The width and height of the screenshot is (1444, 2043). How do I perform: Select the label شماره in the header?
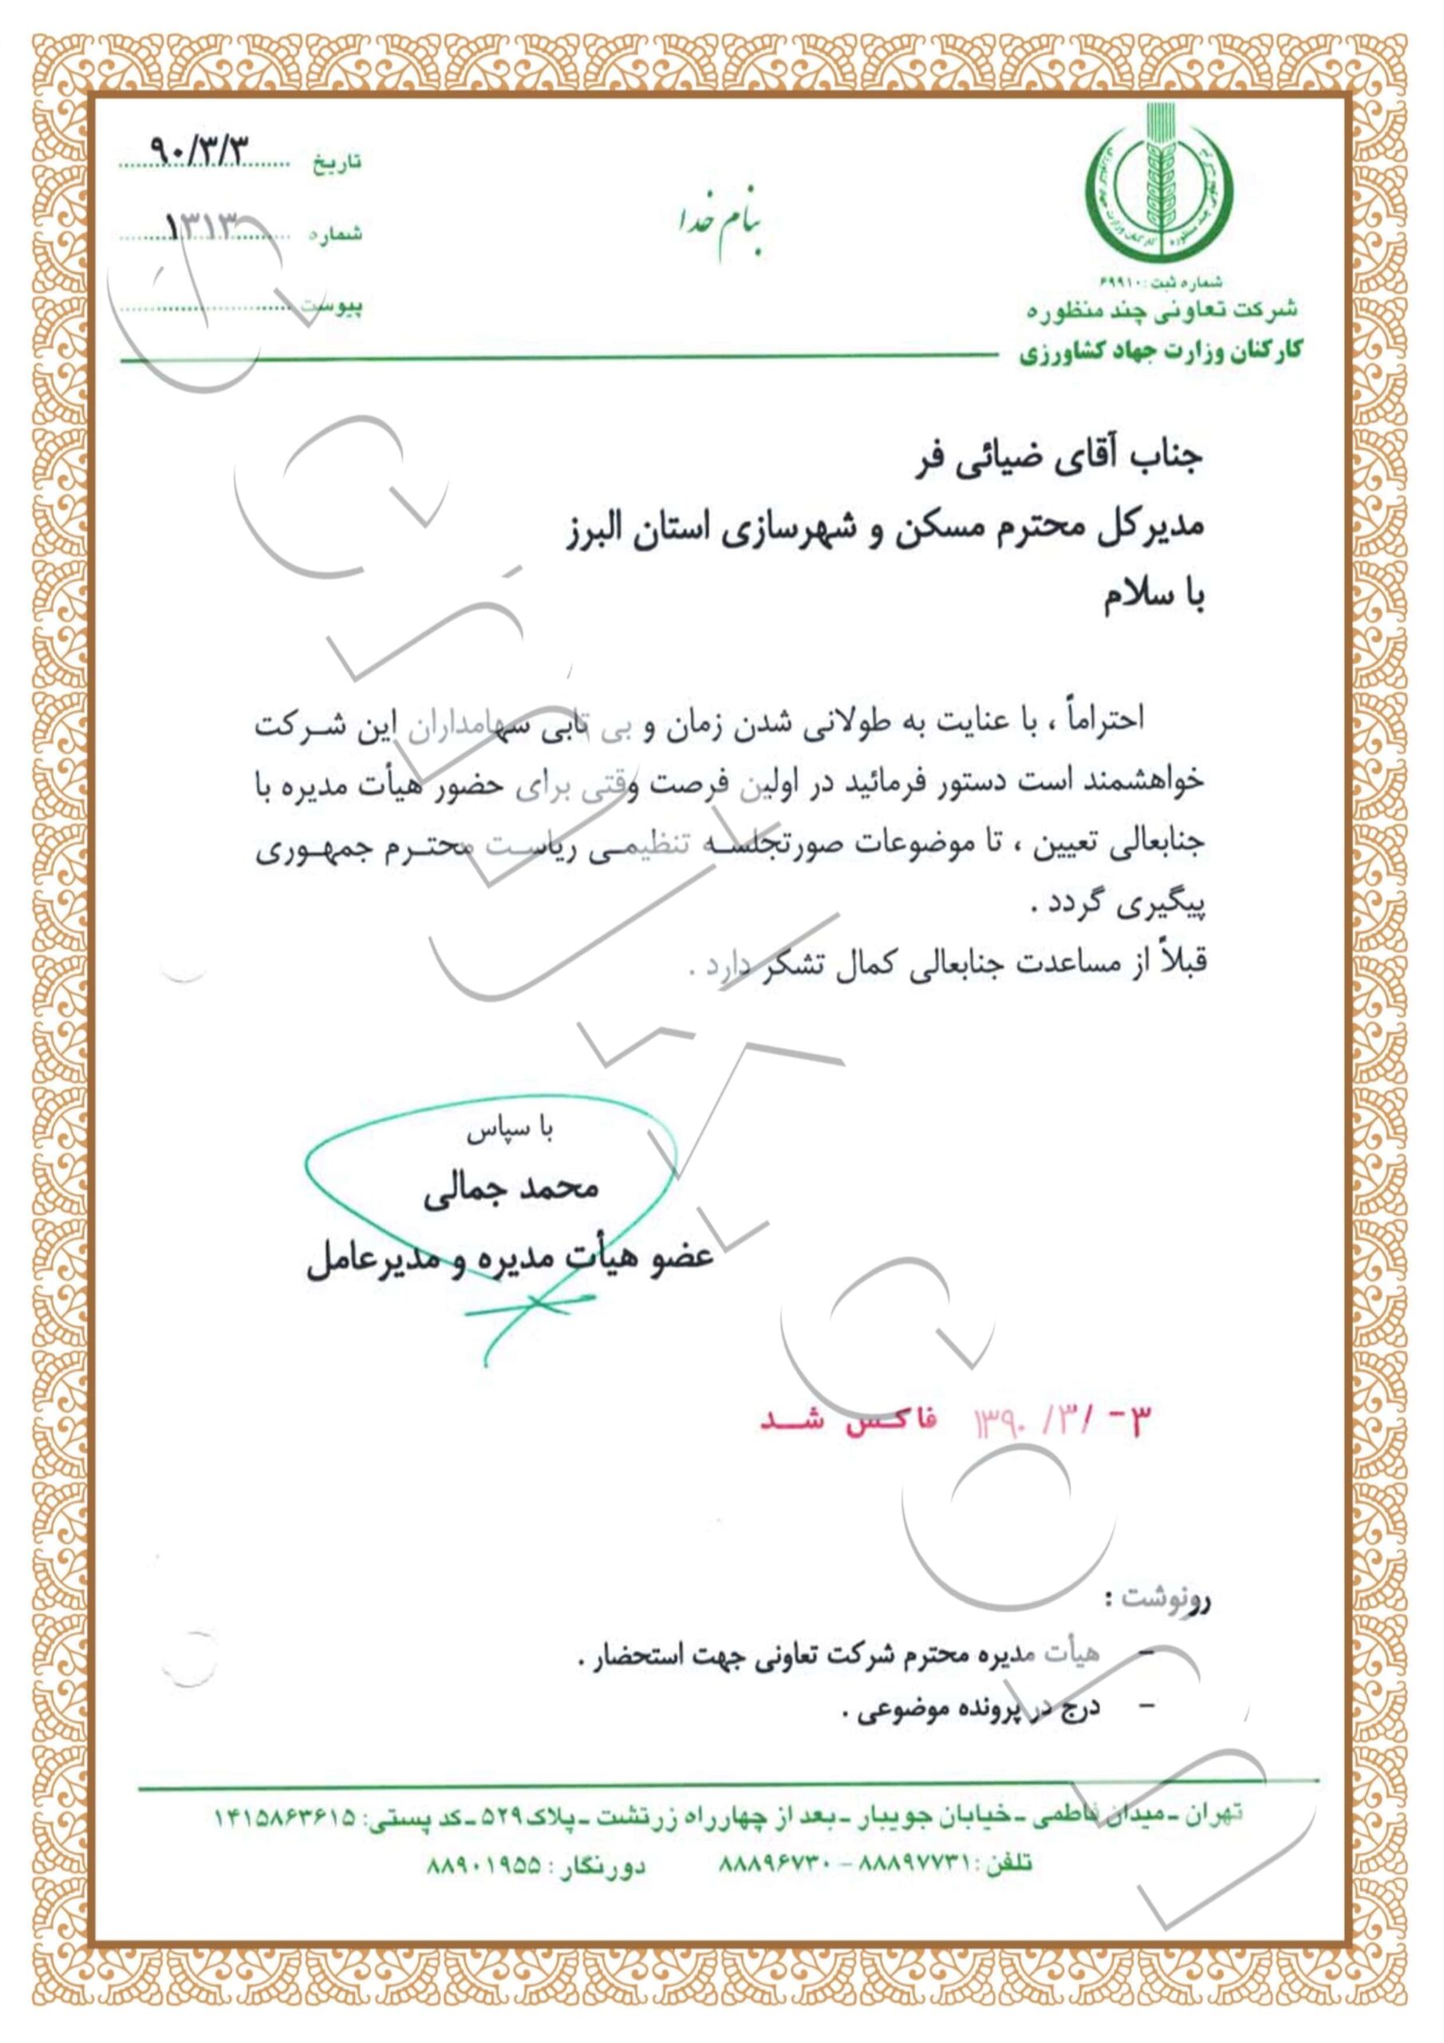pyautogui.click(x=337, y=235)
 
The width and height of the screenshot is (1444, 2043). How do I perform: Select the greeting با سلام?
pyautogui.click(x=1154, y=598)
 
